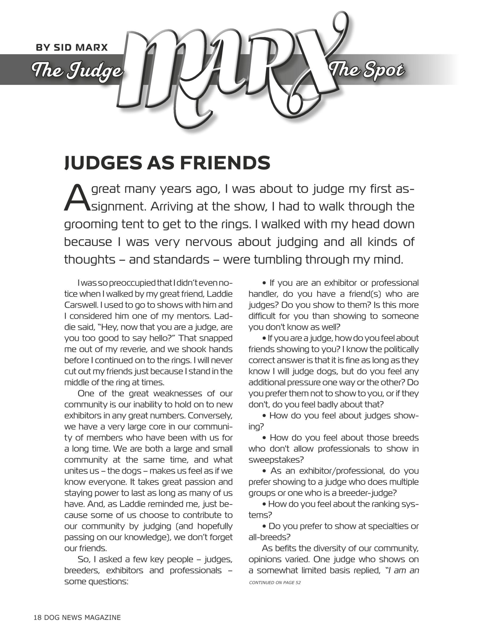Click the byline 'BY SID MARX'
pos(72,48)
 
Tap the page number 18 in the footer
pos(38,617)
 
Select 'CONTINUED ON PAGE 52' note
pos(275,583)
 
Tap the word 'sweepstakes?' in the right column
pos(276,460)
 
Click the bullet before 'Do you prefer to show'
pos(264,527)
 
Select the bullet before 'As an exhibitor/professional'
pos(265,471)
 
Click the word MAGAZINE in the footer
pos(103,617)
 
